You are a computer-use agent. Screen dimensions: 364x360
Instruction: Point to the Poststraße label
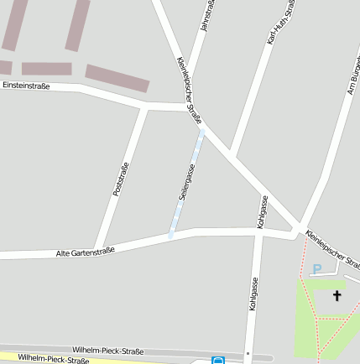[x=120, y=179]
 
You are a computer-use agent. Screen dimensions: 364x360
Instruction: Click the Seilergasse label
[x=185, y=181]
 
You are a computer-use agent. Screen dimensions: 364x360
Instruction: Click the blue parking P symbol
[x=316, y=268]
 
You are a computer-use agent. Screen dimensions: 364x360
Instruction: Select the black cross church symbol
[x=337, y=295]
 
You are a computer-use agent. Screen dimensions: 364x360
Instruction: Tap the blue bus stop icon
[x=218, y=361]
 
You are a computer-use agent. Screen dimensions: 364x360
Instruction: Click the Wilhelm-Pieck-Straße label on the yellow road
[x=54, y=359]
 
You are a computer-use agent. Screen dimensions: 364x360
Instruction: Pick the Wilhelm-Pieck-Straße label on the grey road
[x=107, y=350]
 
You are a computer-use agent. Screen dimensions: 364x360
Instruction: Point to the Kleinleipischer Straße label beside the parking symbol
[x=334, y=250]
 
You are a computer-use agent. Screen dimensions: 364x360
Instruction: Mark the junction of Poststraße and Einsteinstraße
[x=146, y=107]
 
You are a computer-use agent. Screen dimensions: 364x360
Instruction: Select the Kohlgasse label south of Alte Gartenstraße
[x=252, y=294]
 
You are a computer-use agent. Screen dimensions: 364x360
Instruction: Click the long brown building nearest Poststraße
[x=117, y=78]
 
